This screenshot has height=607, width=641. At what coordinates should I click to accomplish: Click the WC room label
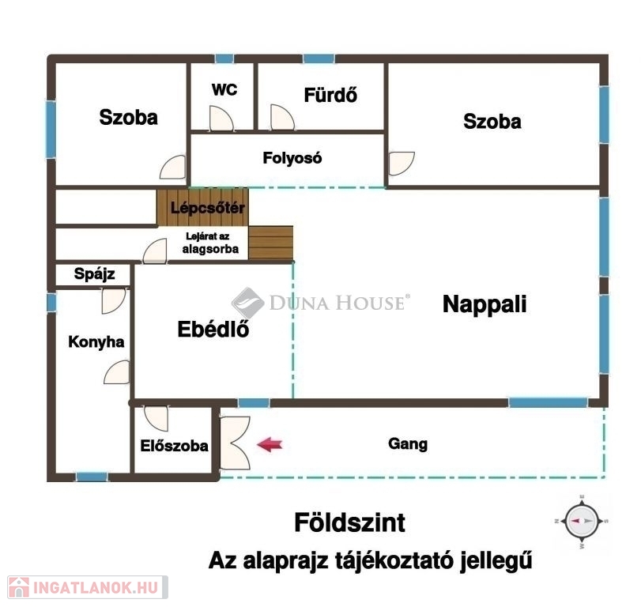click(224, 89)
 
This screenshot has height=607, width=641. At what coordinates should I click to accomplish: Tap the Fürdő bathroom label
click(330, 95)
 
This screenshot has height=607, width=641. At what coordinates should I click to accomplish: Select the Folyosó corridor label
click(292, 158)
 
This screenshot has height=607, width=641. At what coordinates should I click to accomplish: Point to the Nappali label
click(485, 304)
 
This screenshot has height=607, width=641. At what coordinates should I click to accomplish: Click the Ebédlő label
click(213, 329)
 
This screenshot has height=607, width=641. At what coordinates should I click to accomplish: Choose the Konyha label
click(96, 341)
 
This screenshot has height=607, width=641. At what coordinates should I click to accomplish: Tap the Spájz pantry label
click(94, 274)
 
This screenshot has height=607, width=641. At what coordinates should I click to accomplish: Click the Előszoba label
click(174, 446)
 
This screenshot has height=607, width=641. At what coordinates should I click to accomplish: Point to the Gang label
click(408, 444)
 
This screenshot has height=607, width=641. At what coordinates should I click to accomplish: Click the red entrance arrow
click(270, 444)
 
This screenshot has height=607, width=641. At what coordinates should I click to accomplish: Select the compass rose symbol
click(581, 522)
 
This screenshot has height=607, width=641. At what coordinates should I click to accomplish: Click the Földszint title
click(350, 522)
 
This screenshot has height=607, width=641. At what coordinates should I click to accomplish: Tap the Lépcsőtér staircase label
click(208, 208)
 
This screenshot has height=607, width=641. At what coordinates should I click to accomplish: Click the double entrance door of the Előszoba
click(235, 443)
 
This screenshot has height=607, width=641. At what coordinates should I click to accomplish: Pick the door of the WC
click(221, 119)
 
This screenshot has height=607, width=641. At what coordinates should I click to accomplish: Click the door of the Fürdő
click(282, 117)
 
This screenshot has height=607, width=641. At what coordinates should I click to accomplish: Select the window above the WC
click(224, 58)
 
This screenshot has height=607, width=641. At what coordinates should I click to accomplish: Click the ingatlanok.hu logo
click(88, 587)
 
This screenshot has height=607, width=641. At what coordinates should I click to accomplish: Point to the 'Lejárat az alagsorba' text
click(210, 243)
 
